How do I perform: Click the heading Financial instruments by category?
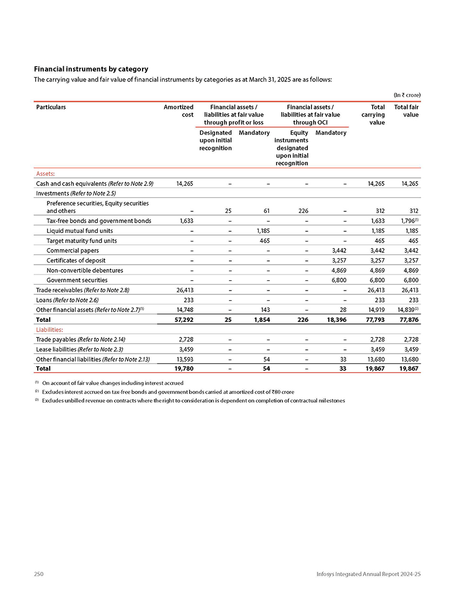[x=91, y=69]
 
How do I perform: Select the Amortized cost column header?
[x=178, y=111]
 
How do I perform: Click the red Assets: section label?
[x=46, y=174]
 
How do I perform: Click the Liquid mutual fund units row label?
[x=79, y=231]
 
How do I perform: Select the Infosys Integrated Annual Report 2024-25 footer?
[x=368, y=575]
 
